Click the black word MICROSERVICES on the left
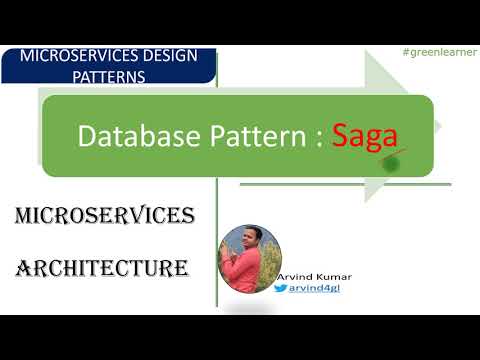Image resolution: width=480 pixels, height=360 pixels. [x=105, y=215]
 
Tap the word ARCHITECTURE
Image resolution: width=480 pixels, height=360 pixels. [x=103, y=268]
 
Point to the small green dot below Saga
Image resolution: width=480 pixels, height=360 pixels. [x=393, y=161]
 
